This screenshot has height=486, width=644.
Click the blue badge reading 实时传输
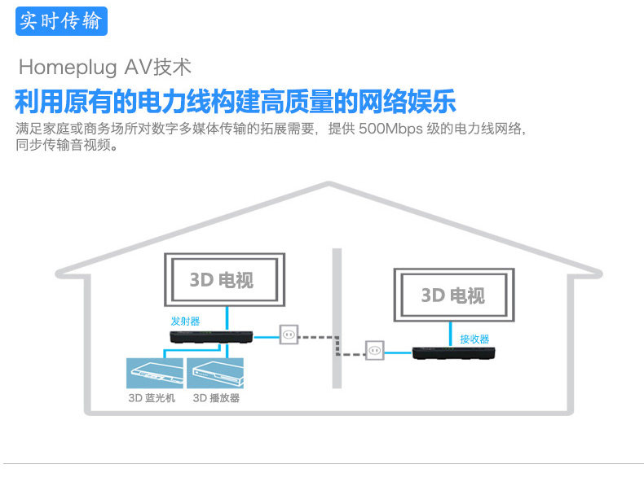click(61, 20)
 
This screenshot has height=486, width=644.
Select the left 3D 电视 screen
click(226, 280)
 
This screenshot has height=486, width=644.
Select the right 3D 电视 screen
click(455, 295)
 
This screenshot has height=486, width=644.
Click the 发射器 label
click(185, 321)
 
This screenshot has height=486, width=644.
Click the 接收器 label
click(474, 339)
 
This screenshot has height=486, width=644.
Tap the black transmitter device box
click(211, 335)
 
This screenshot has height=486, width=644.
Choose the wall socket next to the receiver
click(374, 349)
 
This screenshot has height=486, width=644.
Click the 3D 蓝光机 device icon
click(155, 373)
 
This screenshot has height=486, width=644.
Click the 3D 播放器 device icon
click(215, 373)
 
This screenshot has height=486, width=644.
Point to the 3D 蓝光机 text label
click(152, 398)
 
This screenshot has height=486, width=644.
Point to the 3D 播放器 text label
click(216, 398)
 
